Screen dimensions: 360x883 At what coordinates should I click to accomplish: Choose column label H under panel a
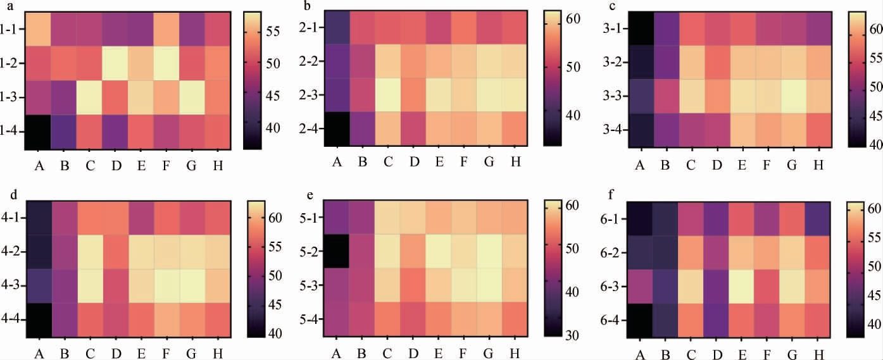pyautogui.click(x=218, y=165)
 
